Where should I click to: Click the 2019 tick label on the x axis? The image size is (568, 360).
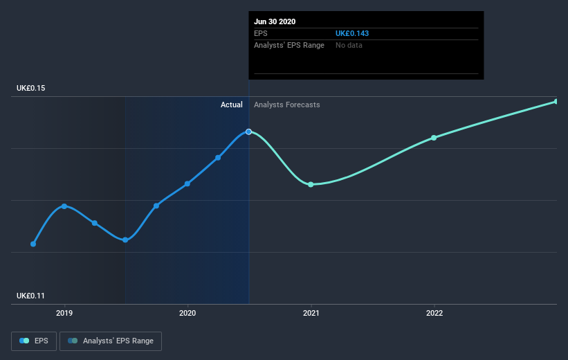(x=64, y=313)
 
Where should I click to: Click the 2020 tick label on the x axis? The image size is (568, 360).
(x=187, y=313)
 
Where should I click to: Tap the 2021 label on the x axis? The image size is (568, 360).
(x=311, y=313)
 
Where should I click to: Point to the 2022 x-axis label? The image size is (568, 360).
(x=434, y=313)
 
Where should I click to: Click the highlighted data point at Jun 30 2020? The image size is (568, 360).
(x=248, y=132)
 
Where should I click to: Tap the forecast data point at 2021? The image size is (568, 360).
(x=311, y=184)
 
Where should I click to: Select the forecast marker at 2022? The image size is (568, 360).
(x=434, y=138)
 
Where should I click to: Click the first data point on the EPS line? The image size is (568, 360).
(x=33, y=244)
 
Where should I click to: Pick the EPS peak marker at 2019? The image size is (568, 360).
(x=64, y=206)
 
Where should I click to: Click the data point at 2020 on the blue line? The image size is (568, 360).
(x=187, y=183)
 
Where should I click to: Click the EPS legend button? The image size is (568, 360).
(x=34, y=341)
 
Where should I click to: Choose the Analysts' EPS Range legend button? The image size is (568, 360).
(x=111, y=341)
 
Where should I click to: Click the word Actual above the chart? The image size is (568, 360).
(x=231, y=105)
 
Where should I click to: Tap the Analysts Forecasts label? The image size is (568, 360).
(x=286, y=105)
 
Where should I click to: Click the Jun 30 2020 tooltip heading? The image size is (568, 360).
(x=275, y=21)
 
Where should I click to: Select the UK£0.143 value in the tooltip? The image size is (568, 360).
(x=351, y=33)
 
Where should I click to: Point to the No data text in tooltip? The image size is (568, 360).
(x=349, y=46)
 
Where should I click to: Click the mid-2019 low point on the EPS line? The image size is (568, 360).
(x=125, y=240)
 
